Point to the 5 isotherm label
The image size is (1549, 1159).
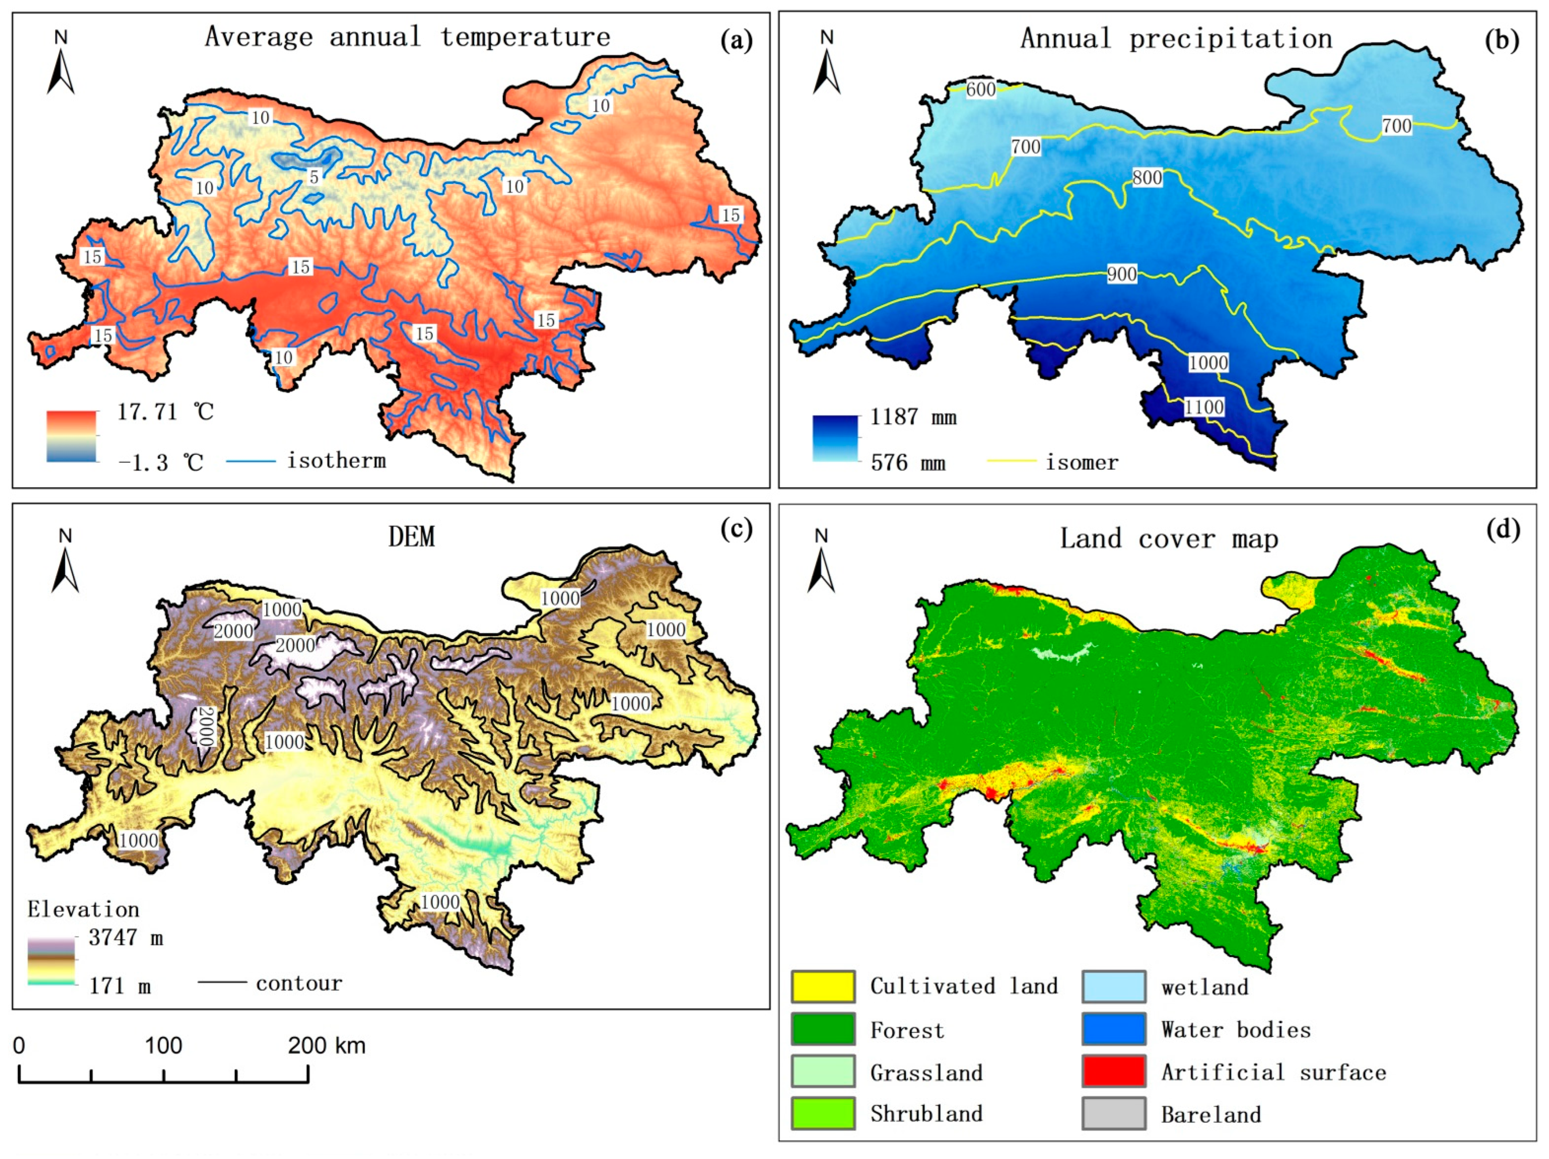click(314, 177)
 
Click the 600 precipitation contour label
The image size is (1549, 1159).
click(980, 90)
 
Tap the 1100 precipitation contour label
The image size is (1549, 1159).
click(1204, 407)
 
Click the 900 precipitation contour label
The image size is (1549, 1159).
click(1121, 274)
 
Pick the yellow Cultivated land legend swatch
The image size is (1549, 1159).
click(823, 987)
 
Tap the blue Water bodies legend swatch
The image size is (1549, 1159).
click(1113, 1029)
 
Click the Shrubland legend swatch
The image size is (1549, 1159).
click(823, 1114)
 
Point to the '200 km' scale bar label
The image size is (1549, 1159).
click(326, 1045)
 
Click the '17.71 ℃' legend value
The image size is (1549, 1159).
click(165, 411)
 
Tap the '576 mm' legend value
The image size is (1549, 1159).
click(907, 462)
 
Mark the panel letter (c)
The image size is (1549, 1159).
click(736, 529)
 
